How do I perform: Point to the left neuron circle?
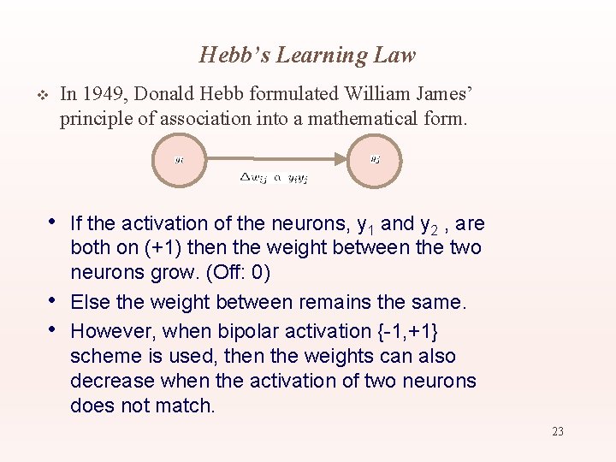tap(179, 158)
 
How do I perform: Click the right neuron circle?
tap(375, 158)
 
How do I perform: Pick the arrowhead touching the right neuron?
tap(342, 158)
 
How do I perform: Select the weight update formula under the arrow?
tap(274, 178)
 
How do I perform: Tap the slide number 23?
tap(557, 431)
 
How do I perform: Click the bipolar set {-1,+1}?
tap(411, 330)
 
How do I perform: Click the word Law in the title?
tap(396, 56)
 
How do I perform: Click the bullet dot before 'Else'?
tap(53, 300)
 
